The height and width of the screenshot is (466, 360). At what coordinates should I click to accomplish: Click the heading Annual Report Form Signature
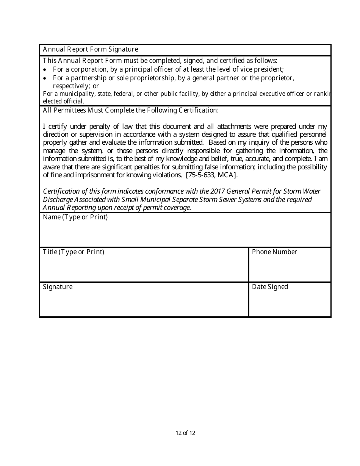pyautogui.click(x=90, y=49)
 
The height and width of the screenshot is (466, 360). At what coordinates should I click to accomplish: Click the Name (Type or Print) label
pyautogui.click(x=75, y=217)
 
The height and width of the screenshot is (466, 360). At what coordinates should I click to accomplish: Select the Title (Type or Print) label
pyautogui.click(x=74, y=252)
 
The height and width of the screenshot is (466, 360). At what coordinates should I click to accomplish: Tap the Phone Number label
pyautogui.click(x=274, y=252)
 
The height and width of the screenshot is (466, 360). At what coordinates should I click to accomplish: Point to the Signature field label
pyautogui.click(x=58, y=287)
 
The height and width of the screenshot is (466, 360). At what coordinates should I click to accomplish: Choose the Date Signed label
pyautogui.click(x=270, y=287)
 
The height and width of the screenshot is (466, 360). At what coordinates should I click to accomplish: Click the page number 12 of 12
pyautogui.click(x=185, y=433)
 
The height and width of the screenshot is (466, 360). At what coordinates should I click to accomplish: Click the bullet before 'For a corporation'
pyautogui.click(x=45, y=70)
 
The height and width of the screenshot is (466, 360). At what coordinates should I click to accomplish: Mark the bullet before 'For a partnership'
pyautogui.click(x=45, y=78)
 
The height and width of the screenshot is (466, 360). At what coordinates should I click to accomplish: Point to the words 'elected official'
pyautogui.click(x=63, y=101)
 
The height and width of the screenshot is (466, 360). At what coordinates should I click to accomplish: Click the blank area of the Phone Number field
pyautogui.click(x=290, y=269)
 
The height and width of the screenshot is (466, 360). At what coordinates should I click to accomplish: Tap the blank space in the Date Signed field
pyautogui.click(x=290, y=304)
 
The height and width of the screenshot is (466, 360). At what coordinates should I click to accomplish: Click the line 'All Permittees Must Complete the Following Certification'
pyautogui.click(x=130, y=110)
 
